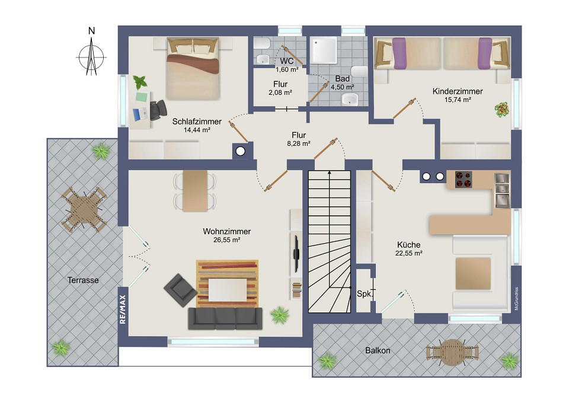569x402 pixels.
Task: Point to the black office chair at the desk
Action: coord(158,109)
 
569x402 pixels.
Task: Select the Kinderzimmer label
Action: coord(457,91)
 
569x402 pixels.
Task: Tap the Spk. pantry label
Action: coord(363,293)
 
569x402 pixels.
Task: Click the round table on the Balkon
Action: coord(452,352)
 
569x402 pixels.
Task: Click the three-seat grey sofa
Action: coord(225,318)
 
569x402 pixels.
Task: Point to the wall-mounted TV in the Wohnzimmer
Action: coord(295,253)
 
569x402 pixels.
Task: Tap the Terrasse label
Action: coord(82,280)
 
